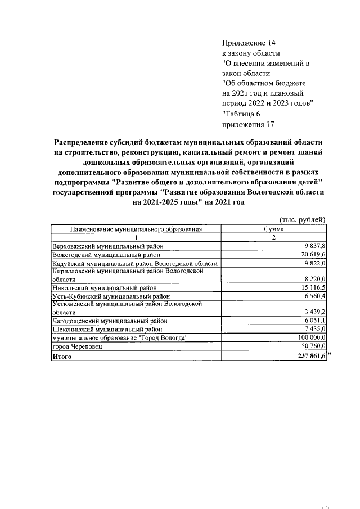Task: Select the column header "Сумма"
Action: pos(273,229)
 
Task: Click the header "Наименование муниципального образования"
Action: pos(136,229)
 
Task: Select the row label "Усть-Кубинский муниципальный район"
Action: pos(110,296)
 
